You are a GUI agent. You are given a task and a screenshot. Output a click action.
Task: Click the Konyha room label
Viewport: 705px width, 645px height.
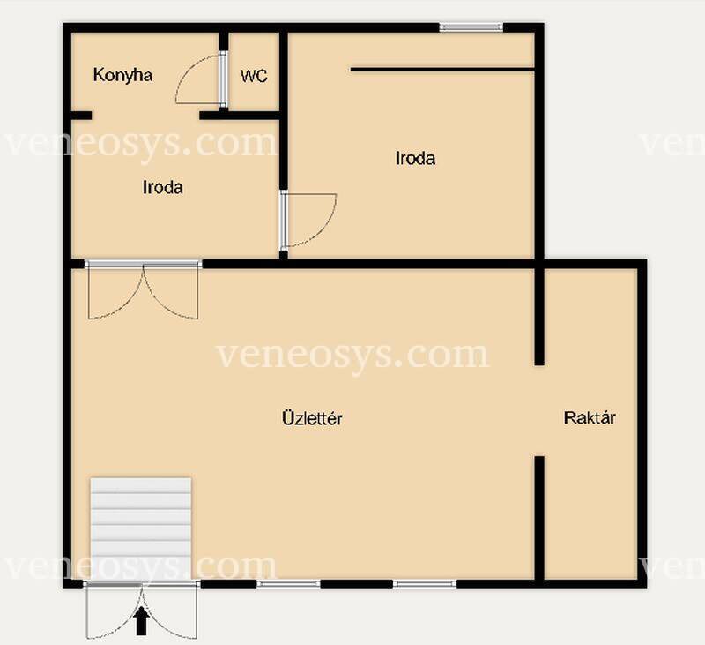(x=122, y=75)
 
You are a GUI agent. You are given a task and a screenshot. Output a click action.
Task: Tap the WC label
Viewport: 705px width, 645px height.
(x=254, y=76)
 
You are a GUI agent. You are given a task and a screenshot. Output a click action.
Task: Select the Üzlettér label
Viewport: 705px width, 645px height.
(x=312, y=417)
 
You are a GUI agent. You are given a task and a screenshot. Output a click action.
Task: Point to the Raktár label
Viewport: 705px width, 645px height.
(x=590, y=417)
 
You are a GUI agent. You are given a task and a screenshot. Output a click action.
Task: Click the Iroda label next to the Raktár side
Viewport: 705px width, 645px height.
(x=415, y=159)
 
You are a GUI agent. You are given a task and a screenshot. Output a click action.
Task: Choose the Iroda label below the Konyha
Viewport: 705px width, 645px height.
(x=163, y=187)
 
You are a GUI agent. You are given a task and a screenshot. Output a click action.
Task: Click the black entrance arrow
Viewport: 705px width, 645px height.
(x=142, y=620)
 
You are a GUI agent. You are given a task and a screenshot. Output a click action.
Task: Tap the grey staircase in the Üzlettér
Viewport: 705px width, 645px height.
(x=141, y=529)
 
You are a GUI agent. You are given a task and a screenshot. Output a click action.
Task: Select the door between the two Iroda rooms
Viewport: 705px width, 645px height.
(x=308, y=220)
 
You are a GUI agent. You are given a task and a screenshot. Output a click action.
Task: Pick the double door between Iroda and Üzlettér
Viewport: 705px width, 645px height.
(x=143, y=290)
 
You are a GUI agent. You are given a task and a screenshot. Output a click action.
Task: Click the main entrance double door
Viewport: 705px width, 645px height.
(x=142, y=610)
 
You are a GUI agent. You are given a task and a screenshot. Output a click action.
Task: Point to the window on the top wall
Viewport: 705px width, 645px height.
(x=471, y=27)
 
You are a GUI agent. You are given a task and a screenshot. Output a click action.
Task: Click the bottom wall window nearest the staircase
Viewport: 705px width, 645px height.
(x=289, y=584)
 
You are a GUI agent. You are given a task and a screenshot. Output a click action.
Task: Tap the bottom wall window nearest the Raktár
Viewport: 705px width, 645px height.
(x=425, y=584)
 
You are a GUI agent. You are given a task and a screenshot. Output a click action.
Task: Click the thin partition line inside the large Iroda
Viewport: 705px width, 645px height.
(x=442, y=70)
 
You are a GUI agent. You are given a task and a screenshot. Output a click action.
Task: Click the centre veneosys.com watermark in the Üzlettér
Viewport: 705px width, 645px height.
(x=353, y=356)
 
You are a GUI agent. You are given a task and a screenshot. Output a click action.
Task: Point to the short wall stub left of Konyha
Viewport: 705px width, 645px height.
(x=81, y=116)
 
